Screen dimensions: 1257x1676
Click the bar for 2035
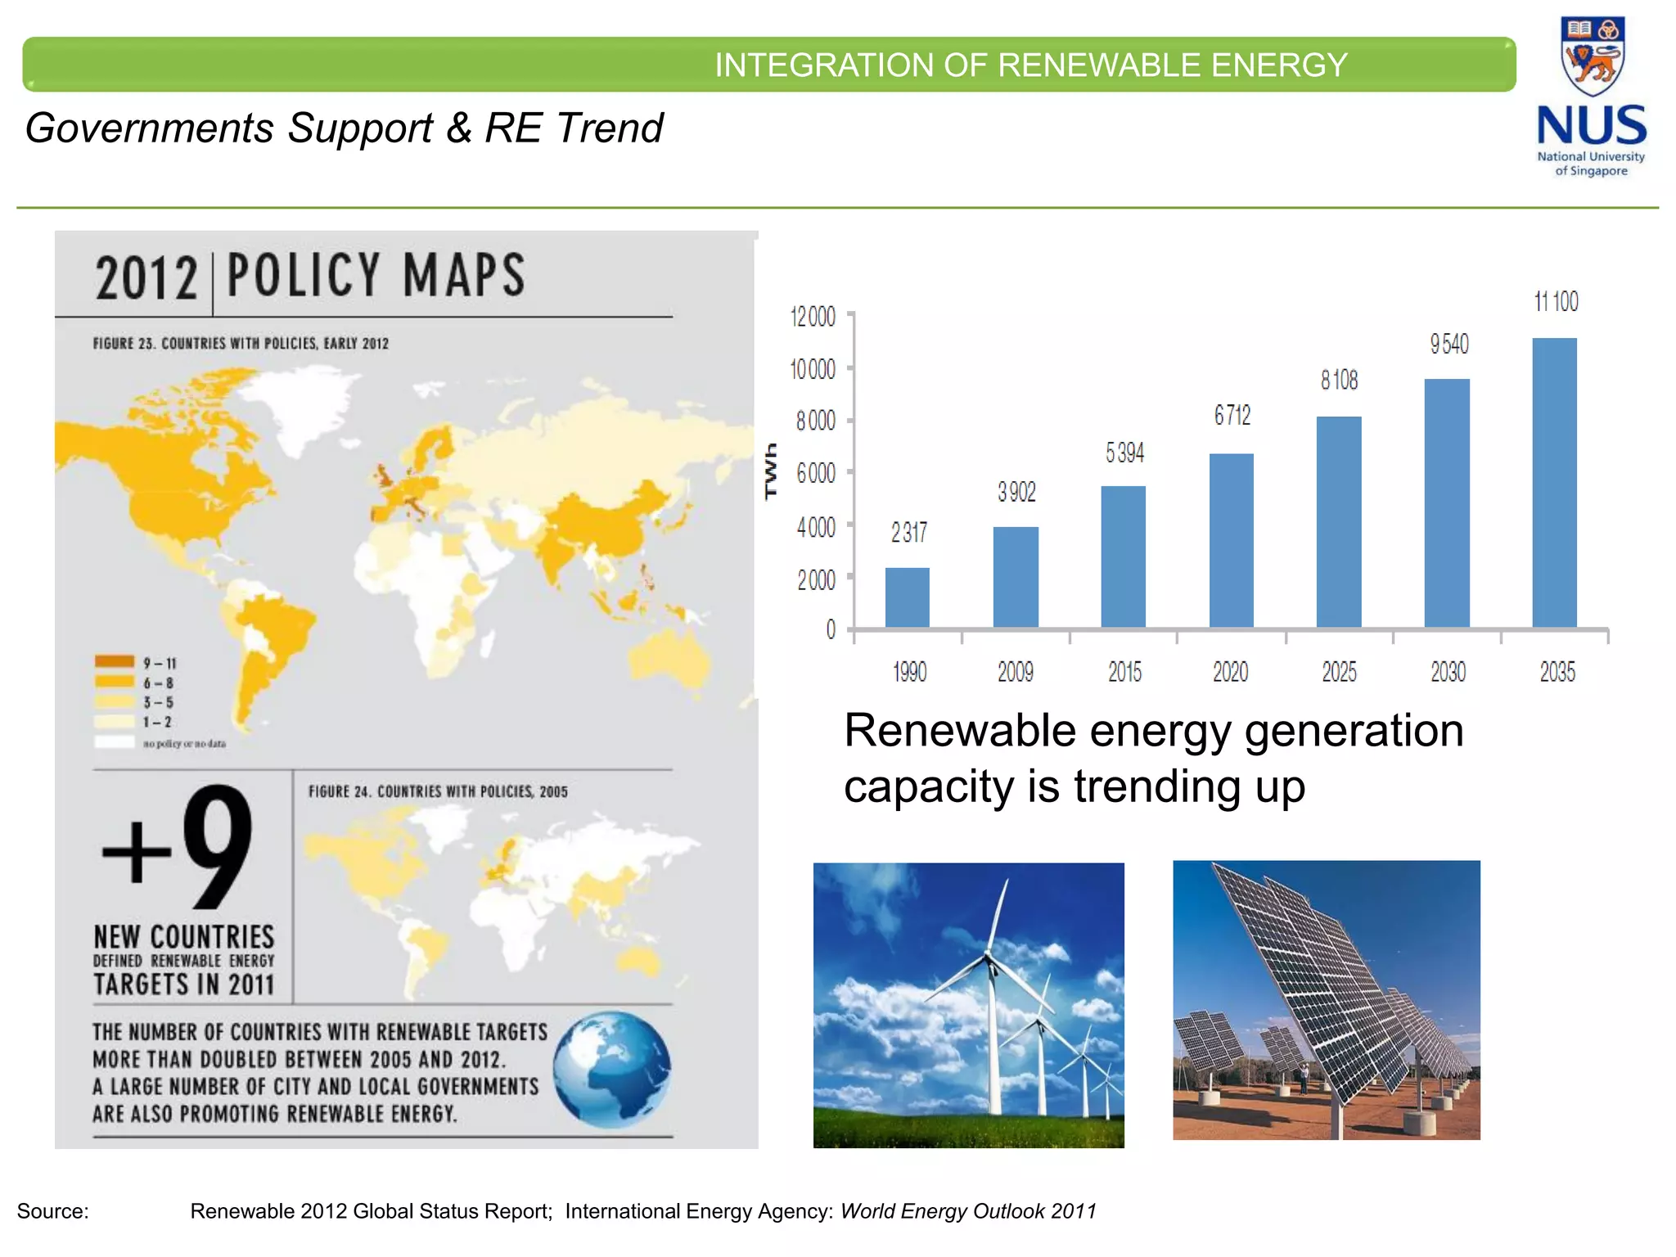pos(1553,483)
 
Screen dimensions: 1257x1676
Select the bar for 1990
pos(907,597)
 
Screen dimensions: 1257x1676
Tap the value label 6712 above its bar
pos(1232,416)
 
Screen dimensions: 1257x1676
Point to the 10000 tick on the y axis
pos(813,370)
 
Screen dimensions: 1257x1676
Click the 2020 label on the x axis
pos(1230,673)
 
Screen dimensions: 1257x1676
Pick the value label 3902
pos(1016,492)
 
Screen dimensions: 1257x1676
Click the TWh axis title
pos(770,471)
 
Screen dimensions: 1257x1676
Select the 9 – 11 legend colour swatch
pos(115,662)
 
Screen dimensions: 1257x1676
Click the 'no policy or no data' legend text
pos(184,744)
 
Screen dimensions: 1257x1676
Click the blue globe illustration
pos(611,1070)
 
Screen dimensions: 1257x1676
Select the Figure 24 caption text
pos(438,791)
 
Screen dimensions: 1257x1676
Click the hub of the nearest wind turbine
pos(990,958)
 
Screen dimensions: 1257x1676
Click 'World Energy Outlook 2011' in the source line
pos(968,1211)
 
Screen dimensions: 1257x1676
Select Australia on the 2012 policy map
pos(671,659)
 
